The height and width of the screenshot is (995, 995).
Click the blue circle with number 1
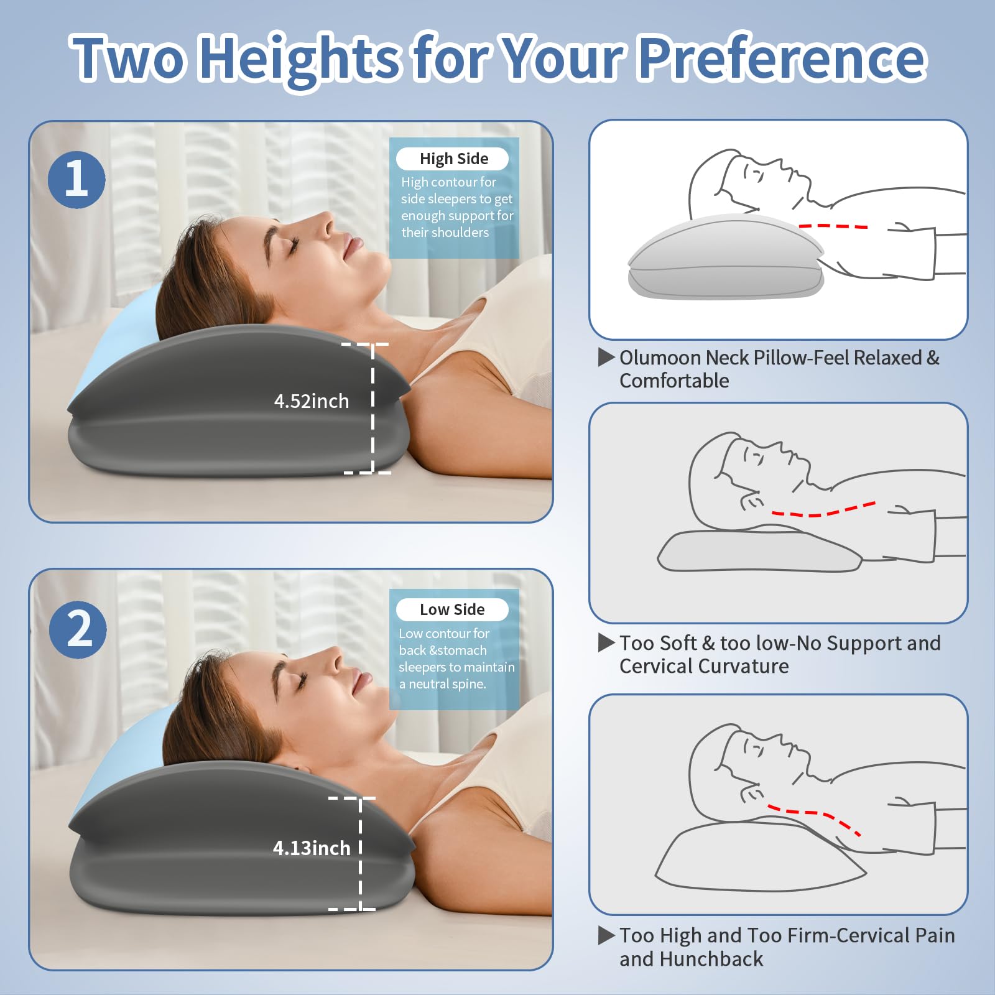click(x=76, y=180)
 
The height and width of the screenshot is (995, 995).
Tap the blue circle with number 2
click(x=78, y=629)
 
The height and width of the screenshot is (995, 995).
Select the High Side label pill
click(x=453, y=159)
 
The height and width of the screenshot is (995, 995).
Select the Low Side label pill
click(x=452, y=609)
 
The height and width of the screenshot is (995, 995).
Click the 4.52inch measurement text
click(x=312, y=401)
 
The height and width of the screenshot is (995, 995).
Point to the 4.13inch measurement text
click(x=312, y=848)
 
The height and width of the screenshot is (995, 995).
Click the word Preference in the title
click(x=782, y=58)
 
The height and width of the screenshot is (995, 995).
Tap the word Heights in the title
click(x=300, y=59)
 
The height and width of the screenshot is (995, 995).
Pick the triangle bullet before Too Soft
click(x=606, y=642)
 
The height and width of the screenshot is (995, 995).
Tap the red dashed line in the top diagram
click(x=833, y=226)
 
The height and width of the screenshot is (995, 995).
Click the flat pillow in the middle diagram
click(x=759, y=552)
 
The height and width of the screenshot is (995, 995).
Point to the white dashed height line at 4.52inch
click(x=373, y=408)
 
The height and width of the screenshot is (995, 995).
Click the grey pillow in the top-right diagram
click(x=724, y=260)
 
